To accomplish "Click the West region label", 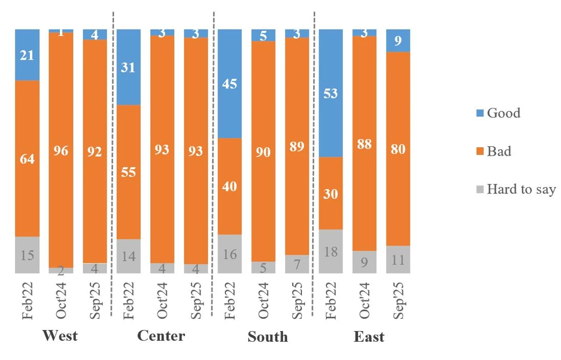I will (60, 336).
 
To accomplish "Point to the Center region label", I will (161, 336).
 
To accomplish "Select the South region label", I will (268, 337).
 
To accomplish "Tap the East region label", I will (369, 337).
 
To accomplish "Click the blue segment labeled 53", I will (331, 93).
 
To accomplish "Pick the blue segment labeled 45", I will (230, 84).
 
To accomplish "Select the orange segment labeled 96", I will (61, 151).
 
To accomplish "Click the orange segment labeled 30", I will (331, 193).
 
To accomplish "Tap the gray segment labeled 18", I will (331, 252).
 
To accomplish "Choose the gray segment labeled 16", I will (230, 254).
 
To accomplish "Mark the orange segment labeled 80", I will (398, 149).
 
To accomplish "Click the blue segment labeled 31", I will (129, 67).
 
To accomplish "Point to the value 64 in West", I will (27, 159).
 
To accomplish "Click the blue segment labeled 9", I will (398, 41).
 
